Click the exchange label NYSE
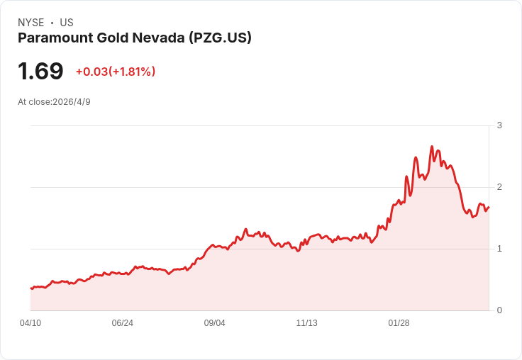click(x=31, y=23)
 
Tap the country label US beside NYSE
click(x=67, y=23)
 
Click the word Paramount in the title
click(x=55, y=38)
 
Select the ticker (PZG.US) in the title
click(x=220, y=38)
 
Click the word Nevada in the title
click(x=158, y=38)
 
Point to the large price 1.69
click(x=40, y=71)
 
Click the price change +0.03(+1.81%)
click(x=116, y=72)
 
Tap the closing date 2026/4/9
click(x=72, y=102)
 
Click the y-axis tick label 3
click(x=499, y=125)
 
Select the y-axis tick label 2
click(x=499, y=187)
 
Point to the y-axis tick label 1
click(x=499, y=249)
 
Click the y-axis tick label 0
click(x=499, y=310)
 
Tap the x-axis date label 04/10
click(x=30, y=322)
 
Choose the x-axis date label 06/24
click(x=123, y=322)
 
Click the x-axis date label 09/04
click(x=215, y=322)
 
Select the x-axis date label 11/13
click(x=306, y=322)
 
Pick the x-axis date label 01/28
click(x=399, y=322)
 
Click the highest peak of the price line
click(x=432, y=146)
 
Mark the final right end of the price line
click(x=489, y=207)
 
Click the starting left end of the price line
click(x=30, y=288)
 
